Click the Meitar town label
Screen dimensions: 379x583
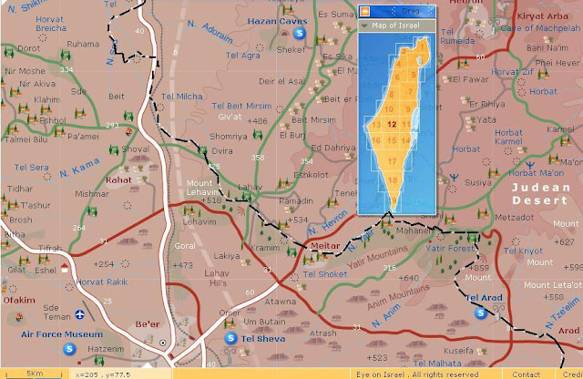(324, 246)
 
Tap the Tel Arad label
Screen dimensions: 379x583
(484, 298)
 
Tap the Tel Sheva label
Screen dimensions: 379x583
(262, 340)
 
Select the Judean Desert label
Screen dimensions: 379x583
(540, 193)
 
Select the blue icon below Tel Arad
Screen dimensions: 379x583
(480, 313)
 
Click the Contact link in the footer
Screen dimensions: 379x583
(526, 374)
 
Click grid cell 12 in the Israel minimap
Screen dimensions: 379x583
(391, 126)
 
